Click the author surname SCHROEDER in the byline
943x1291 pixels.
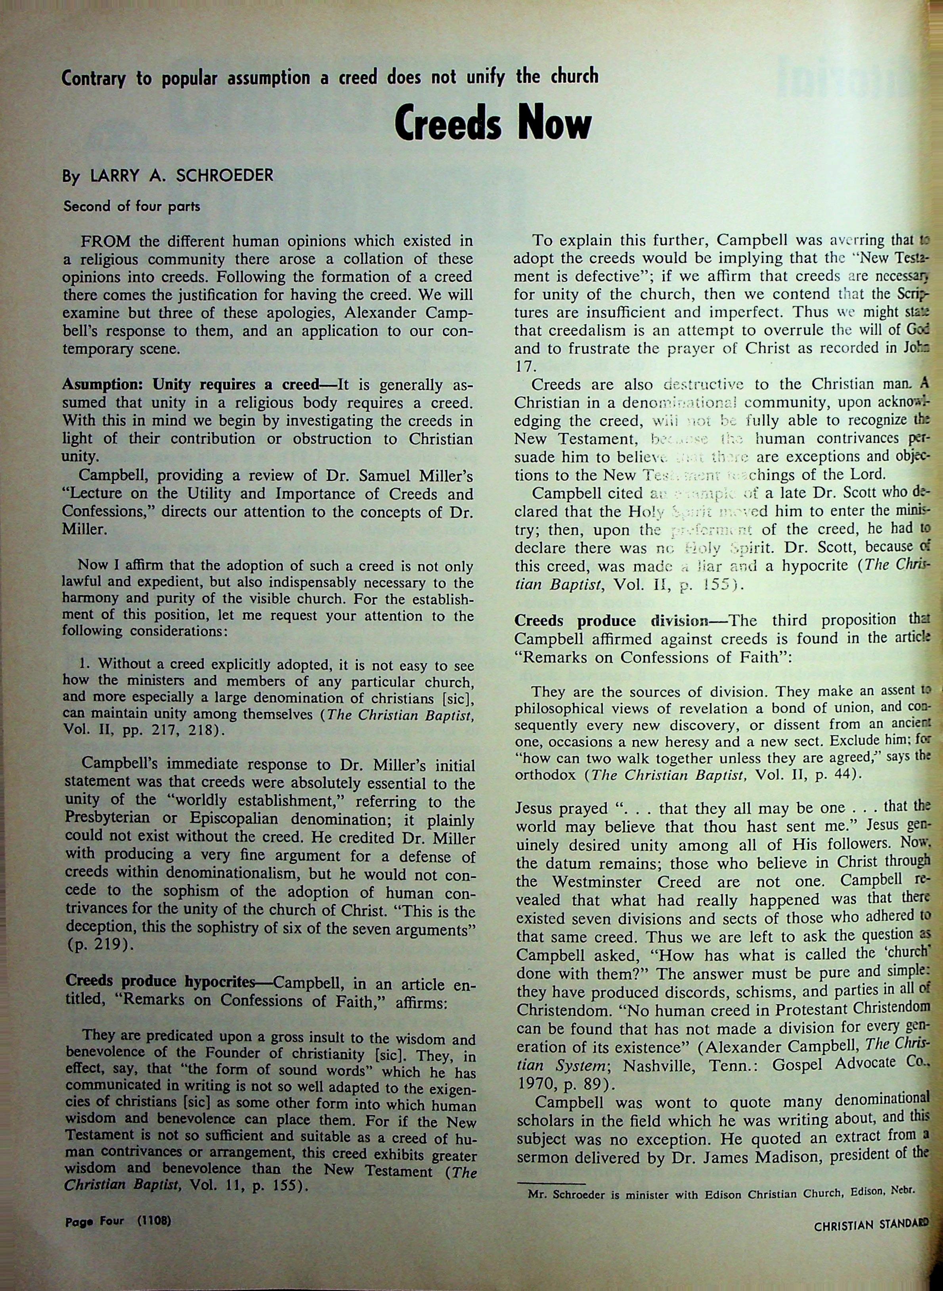click(225, 176)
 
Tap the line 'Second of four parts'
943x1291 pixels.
click(132, 206)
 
